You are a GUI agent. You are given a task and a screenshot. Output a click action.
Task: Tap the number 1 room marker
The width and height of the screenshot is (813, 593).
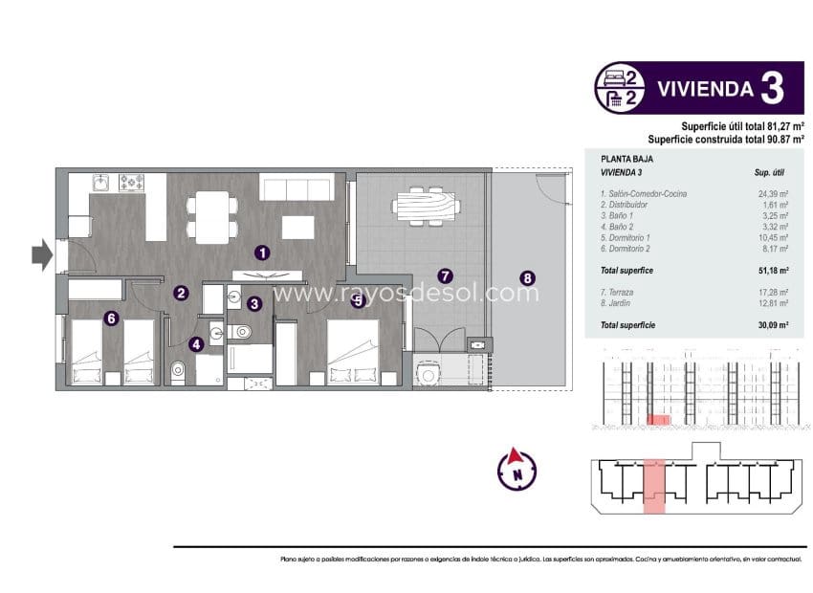coord(261,253)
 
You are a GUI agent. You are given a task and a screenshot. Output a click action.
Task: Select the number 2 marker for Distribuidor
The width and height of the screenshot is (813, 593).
coord(181,294)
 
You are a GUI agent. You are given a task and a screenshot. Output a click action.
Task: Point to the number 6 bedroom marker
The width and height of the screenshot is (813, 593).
coord(111,319)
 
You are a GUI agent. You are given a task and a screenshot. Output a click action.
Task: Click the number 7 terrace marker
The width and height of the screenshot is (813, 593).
coord(443,275)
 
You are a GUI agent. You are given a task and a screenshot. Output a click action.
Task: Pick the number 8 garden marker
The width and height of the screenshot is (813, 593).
coord(527,279)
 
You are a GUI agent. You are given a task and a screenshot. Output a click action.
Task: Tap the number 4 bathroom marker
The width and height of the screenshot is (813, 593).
coord(196,345)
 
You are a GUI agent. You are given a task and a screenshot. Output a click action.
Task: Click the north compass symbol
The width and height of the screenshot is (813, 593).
coord(516,469)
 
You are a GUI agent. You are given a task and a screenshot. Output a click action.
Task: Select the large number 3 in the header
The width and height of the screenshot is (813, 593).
coord(773,89)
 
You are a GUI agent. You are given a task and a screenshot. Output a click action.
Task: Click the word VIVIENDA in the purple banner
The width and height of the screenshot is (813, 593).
coord(703,90)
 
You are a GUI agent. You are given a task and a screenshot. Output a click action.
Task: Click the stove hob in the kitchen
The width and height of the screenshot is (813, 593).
coord(129,182)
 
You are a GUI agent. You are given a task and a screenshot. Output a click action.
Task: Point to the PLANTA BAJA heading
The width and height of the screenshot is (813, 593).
coord(621,160)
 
